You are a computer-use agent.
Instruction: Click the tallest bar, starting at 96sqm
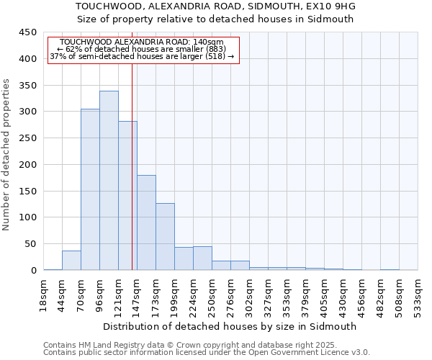pos(109,180)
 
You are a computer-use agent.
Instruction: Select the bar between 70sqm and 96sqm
pos(90,189)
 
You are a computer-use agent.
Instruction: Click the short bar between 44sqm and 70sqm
pos(71,260)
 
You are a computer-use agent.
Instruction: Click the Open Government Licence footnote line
pos(207,352)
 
